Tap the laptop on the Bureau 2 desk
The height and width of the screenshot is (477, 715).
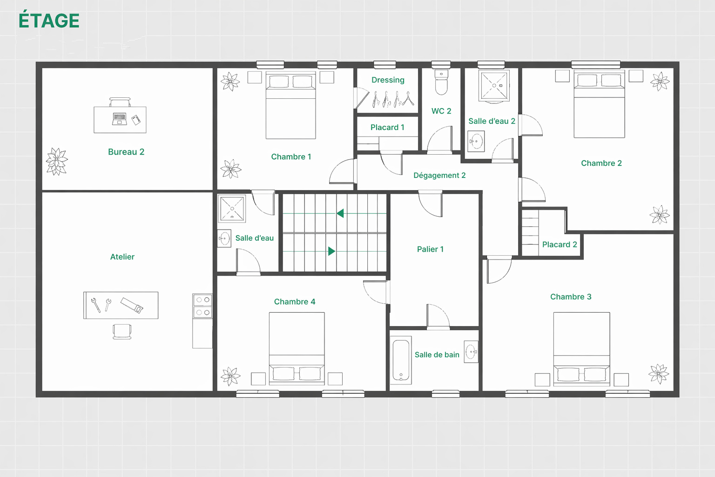[119, 118]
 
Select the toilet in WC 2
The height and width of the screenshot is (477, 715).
[441, 82]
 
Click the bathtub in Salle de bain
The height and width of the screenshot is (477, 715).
[401, 360]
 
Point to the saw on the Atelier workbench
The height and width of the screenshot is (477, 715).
[132, 305]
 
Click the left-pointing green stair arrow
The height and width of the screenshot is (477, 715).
[340, 213]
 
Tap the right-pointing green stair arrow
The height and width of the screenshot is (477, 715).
[331, 251]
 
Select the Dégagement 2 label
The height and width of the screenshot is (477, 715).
[439, 175]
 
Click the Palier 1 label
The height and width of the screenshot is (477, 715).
[430, 249]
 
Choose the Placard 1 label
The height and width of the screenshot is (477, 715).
[387, 127]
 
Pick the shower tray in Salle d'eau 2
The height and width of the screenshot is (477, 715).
[494, 86]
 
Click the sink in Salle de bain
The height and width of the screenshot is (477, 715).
[471, 352]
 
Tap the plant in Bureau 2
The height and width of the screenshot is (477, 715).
[57, 161]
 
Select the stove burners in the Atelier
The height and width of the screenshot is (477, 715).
[202, 306]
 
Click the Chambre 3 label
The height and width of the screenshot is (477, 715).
[570, 297]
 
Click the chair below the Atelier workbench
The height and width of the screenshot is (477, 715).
[122, 332]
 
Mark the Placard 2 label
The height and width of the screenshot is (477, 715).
[559, 245]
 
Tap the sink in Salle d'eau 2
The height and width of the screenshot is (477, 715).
[476, 141]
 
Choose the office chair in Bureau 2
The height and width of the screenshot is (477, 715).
[120, 102]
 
